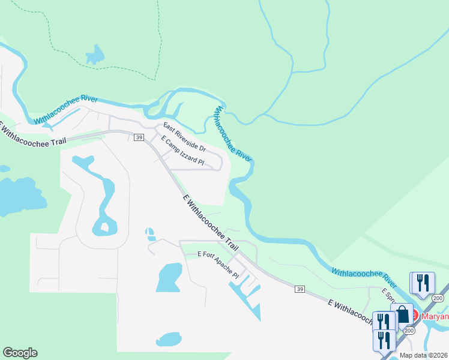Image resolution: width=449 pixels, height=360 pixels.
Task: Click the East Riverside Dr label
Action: [x=185, y=136]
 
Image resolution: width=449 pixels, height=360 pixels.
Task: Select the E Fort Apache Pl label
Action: [x=218, y=265]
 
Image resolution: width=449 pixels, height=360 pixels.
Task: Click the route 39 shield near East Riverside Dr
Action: [x=139, y=137]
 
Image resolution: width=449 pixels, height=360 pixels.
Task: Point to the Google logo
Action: [x=20, y=353]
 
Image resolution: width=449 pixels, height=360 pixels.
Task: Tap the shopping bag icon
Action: [x=402, y=314]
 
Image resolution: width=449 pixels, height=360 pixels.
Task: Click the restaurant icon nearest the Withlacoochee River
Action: [x=422, y=283]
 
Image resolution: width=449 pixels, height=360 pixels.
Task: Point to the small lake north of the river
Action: [x=95, y=55]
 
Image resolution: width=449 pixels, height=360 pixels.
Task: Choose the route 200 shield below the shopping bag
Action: [x=409, y=330]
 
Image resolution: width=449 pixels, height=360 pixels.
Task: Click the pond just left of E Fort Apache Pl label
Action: [x=169, y=277]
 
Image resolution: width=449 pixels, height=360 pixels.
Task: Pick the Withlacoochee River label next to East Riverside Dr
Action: [x=232, y=133]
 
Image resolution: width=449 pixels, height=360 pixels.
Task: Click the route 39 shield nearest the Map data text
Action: [x=300, y=289]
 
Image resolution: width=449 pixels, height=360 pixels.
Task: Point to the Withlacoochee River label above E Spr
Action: [x=364, y=276]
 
